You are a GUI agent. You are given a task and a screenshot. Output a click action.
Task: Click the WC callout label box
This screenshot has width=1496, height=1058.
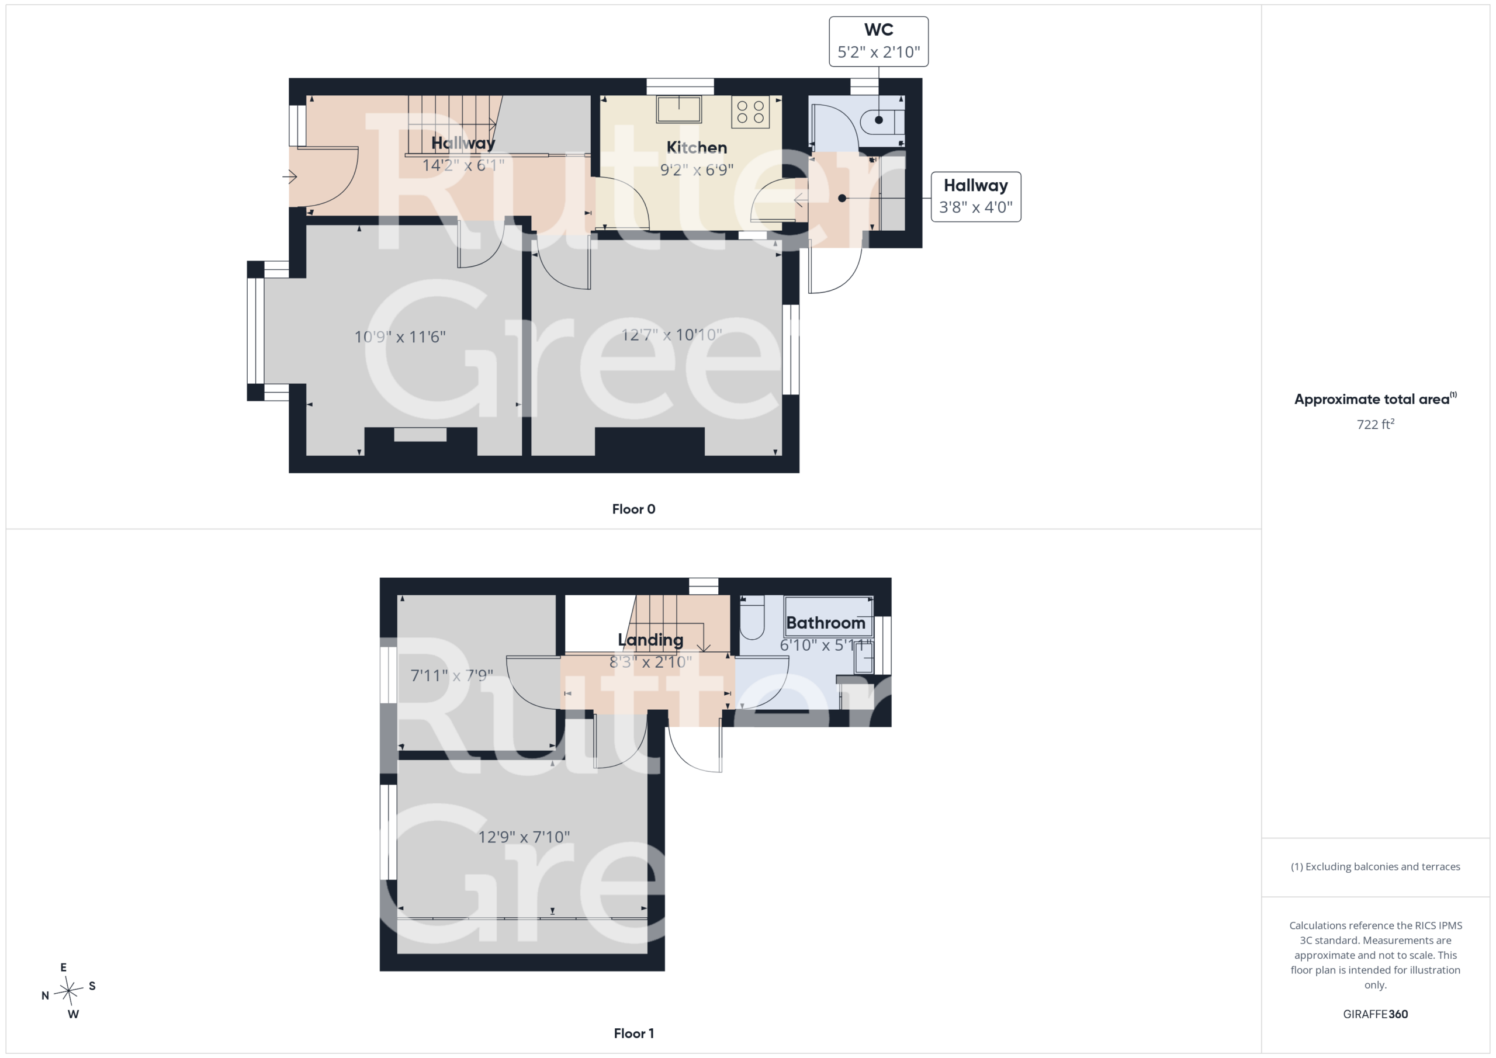click(878, 41)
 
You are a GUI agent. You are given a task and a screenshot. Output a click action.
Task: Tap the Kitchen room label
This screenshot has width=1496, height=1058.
click(697, 148)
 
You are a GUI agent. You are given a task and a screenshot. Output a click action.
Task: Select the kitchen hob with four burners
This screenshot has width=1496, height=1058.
click(750, 112)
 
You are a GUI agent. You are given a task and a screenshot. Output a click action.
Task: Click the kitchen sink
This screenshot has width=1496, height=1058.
click(679, 109)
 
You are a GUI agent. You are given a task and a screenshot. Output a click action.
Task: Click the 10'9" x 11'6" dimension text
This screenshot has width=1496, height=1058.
click(400, 337)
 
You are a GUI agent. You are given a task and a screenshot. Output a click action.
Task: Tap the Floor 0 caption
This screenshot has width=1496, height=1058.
click(633, 509)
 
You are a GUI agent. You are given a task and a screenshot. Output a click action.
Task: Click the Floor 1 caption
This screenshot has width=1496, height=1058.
click(633, 1033)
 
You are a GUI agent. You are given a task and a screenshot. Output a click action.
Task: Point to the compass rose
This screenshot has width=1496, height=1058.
click(68, 991)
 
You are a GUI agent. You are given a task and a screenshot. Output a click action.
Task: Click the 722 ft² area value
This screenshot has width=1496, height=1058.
click(1376, 424)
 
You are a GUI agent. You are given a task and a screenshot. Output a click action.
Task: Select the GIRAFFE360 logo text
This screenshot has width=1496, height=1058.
click(1376, 1014)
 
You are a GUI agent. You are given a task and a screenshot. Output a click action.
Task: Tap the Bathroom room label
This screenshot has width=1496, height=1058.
click(826, 623)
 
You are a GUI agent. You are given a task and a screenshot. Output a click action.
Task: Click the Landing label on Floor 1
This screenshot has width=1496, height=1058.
click(650, 640)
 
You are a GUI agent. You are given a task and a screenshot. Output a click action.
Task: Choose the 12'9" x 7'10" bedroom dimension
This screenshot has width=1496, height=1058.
click(524, 837)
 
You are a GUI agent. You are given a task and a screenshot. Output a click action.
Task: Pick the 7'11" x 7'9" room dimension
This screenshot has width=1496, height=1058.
click(452, 675)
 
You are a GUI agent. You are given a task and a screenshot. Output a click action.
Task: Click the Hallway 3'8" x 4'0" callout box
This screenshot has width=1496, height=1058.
click(975, 197)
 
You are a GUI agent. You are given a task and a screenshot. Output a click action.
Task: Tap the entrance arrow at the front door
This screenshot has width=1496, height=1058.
click(290, 176)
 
